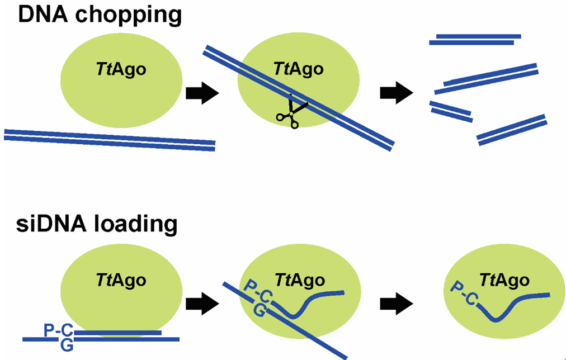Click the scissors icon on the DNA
click(291, 112)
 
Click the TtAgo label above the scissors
click(299, 69)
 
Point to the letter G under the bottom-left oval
click(66, 346)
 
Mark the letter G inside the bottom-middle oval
click(260, 311)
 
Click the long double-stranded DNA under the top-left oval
click(110, 140)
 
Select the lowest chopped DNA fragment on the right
click(511, 130)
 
